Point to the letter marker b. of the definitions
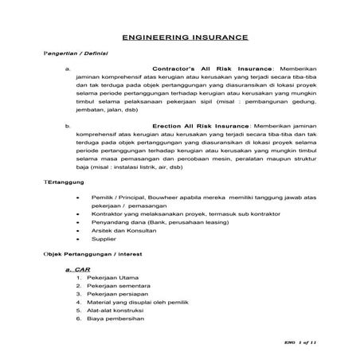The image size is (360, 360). click(x=69, y=126)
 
